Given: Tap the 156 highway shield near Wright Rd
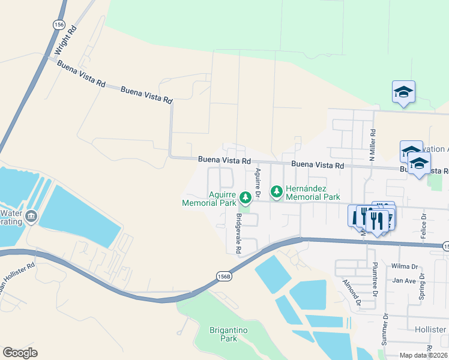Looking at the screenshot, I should click(58, 25).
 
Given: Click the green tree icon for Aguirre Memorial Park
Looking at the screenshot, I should click(245, 197).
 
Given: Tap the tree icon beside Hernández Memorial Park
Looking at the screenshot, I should click(277, 192).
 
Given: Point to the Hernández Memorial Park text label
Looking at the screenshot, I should click(313, 193).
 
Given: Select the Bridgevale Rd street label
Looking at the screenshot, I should click(238, 232).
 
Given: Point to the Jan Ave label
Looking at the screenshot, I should click(404, 280).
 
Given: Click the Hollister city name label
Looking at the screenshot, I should click(430, 329).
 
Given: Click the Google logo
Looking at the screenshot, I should click(20, 352).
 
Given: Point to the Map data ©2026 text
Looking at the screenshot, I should click(424, 355).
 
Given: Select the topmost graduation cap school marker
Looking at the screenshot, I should click(403, 92).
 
